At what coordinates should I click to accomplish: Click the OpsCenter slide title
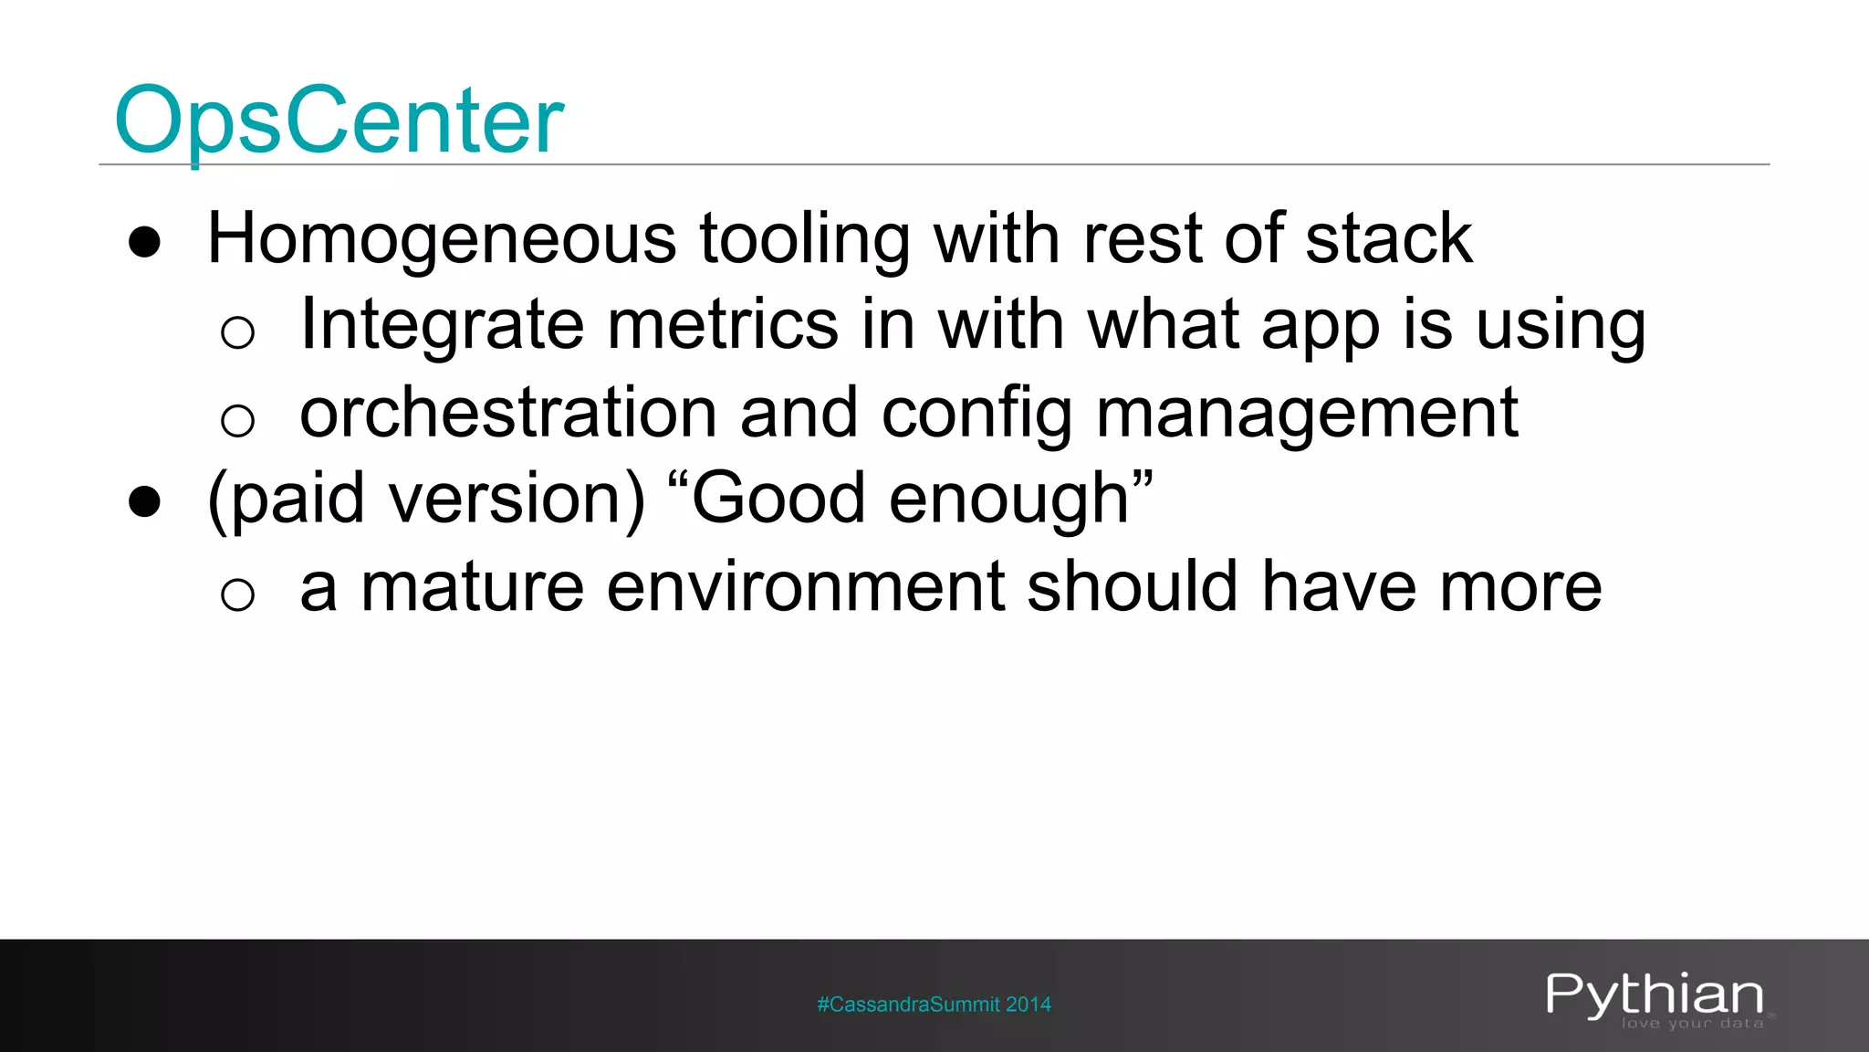(339, 121)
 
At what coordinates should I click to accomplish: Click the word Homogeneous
(442, 239)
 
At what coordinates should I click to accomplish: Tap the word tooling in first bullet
(804, 239)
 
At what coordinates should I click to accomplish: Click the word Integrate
(442, 326)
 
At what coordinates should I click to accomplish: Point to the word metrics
(722, 326)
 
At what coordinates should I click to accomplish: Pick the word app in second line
(1320, 326)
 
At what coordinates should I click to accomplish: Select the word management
(1307, 414)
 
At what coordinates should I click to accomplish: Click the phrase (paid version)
(426, 500)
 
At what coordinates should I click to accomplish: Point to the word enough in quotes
(1008, 500)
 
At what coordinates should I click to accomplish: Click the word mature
(472, 587)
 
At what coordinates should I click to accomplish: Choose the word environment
(805, 587)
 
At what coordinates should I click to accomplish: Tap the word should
(1132, 587)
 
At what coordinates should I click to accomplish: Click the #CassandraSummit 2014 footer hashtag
(934, 1005)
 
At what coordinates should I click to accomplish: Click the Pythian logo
(1655, 997)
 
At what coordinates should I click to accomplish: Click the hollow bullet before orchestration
(237, 420)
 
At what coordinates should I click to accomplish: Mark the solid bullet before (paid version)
(145, 502)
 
